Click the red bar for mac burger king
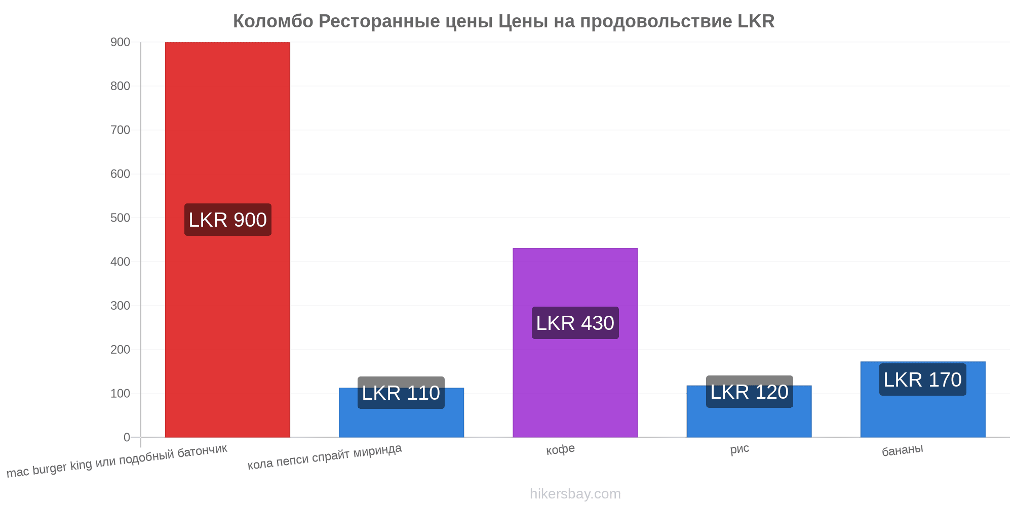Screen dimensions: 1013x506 (227, 239)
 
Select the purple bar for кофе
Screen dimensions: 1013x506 (575, 343)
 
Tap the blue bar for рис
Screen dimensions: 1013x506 (749, 411)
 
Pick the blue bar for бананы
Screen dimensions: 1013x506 (923, 399)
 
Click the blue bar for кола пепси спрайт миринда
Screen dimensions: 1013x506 (401, 412)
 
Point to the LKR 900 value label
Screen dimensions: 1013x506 (228, 220)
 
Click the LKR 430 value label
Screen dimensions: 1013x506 (575, 323)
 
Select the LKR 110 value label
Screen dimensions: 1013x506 (401, 393)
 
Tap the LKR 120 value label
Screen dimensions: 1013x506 (750, 392)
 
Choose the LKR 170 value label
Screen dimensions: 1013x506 (923, 379)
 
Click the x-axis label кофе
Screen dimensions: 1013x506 (560, 449)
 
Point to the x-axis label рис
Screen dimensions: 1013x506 (739, 449)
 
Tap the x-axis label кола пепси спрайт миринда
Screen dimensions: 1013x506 (325, 456)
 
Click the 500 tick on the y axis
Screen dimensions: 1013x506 (120, 218)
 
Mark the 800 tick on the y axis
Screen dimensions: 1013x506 (120, 86)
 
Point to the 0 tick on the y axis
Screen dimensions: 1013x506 (127, 437)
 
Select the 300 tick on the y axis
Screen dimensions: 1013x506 (120, 306)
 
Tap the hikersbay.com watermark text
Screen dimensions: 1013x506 (575, 494)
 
